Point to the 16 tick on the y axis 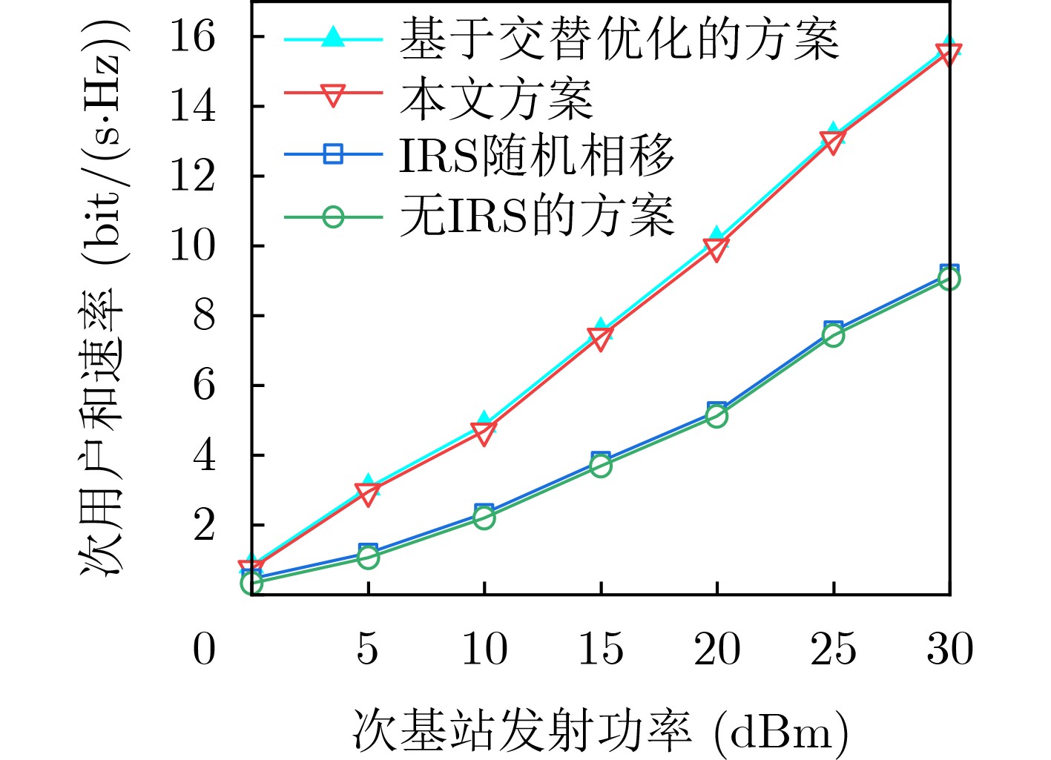[192, 36]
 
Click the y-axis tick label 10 [192, 245]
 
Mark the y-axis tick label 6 [203, 385]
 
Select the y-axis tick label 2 [203, 524]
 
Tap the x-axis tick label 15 [600, 649]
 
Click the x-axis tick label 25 [833, 649]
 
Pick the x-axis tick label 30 [949, 649]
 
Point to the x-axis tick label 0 [204, 649]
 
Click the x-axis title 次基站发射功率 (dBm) [599, 732]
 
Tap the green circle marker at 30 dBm [949, 279]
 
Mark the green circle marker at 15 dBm [601, 466]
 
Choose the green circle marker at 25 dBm [833, 337]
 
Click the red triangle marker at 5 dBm [368, 493]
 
